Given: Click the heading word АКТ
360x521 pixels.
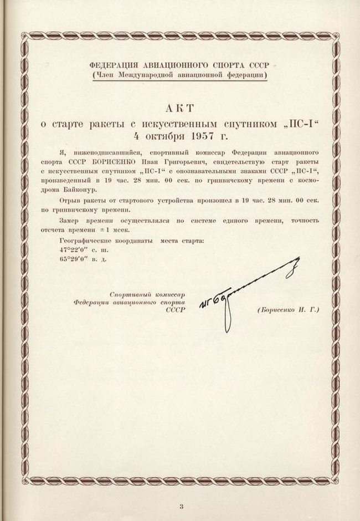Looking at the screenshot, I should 180,108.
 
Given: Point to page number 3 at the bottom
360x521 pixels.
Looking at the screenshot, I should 181,505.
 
